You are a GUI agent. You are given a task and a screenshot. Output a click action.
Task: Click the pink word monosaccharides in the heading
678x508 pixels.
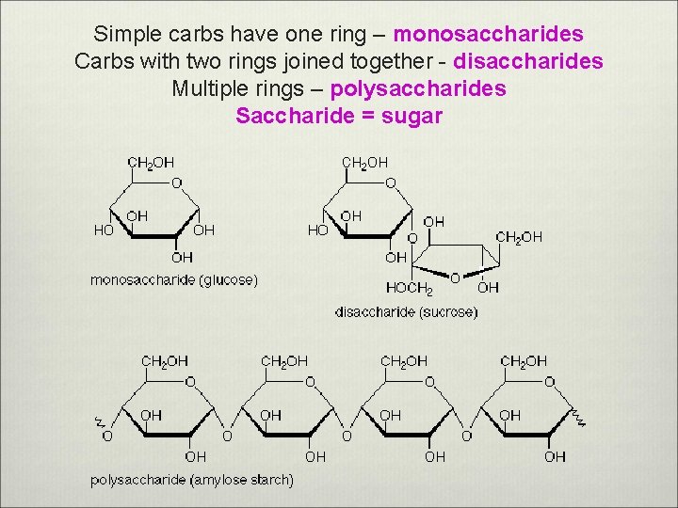tap(488, 35)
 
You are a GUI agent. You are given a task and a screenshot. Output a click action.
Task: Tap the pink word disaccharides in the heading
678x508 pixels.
tap(528, 62)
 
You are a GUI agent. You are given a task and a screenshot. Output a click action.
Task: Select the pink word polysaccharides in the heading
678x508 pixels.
tap(417, 89)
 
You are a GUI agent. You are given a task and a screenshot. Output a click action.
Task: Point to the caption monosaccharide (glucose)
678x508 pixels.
tap(174, 279)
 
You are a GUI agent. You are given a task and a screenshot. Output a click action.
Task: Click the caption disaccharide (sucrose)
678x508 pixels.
tap(407, 312)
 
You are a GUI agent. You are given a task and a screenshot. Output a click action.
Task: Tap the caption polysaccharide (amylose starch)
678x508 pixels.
tap(192, 480)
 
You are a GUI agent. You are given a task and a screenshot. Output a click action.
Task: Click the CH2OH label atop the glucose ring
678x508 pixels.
tap(151, 163)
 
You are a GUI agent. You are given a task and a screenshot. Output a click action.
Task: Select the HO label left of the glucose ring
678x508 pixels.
tap(104, 229)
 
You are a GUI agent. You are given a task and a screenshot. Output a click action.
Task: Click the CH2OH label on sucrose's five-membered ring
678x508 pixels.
tap(519, 237)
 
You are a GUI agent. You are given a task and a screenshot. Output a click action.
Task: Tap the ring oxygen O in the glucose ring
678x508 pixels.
tap(177, 183)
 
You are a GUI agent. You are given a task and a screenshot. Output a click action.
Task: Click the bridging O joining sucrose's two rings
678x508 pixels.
tap(412, 238)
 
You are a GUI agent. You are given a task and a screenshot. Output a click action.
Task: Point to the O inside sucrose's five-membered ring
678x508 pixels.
tap(455, 278)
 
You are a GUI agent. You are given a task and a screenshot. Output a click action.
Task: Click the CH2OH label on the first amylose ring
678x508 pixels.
tap(165, 361)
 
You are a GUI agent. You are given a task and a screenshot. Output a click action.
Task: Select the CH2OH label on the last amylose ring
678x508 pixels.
tap(524, 361)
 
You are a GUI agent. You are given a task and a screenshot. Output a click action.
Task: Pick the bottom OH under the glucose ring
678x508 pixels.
tap(182, 257)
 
